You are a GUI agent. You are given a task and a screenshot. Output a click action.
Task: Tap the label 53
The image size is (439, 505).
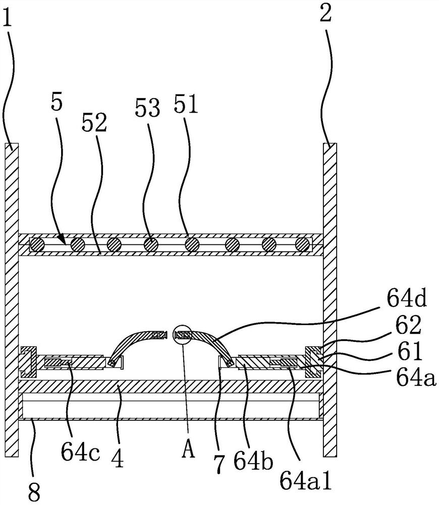point(147,108)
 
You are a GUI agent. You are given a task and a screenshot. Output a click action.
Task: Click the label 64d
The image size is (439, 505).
point(407,298)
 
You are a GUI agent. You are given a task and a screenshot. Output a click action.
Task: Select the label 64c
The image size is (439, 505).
point(80,453)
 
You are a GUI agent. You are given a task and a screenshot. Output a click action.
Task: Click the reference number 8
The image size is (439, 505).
point(34,492)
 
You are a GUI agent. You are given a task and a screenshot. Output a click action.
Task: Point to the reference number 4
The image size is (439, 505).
point(118,458)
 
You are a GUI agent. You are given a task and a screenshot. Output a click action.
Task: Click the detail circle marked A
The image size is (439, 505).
point(182,335)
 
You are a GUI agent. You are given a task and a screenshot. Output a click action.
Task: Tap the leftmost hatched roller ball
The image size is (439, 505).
point(37,244)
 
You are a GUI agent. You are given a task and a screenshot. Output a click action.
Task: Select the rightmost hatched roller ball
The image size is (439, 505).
point(303,244)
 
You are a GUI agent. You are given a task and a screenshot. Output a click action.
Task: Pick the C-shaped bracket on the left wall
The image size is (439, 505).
point(29,362)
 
